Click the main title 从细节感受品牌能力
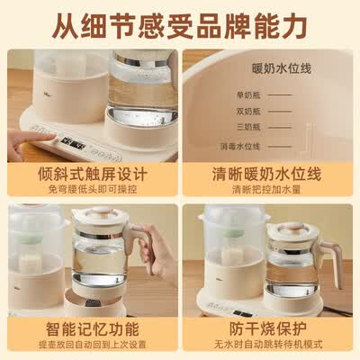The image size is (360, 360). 180,22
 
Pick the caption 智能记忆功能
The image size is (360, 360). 91,328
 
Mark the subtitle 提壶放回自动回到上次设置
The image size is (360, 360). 91,345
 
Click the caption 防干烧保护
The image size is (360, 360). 269,328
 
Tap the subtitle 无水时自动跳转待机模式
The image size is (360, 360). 269,345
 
